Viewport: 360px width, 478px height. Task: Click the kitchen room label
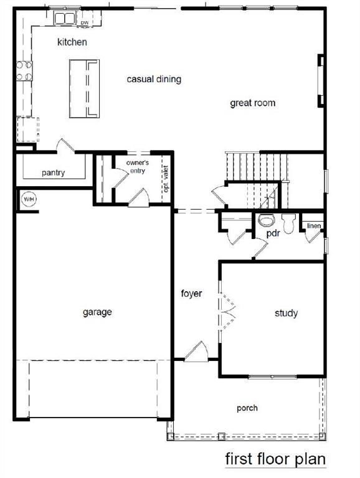pos(72,42)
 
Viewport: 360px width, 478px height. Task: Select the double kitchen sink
pos(64,18)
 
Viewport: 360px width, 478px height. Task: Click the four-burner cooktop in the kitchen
pos(24,71)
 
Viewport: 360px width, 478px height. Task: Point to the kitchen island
pos(84,88)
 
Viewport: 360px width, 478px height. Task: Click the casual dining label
pos(154,79)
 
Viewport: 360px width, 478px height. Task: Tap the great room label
pos(253,103)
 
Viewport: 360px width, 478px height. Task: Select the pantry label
pos(54,173)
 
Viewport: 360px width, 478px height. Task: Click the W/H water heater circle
pos(29,199)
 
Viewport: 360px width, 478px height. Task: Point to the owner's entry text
pos(138,166)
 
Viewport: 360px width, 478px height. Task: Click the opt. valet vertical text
pos(166,179)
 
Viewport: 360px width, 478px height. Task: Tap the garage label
pos(97,312)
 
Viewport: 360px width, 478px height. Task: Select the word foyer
pos(191,293)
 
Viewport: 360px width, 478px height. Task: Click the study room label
pos(286,313)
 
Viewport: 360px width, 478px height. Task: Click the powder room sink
pos(267,220)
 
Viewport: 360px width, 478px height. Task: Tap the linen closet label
pos(314,225)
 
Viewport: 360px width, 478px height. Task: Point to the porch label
pos(247,408)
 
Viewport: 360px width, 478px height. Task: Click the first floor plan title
pos(275,459)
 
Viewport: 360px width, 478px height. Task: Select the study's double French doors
pos(226,312)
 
